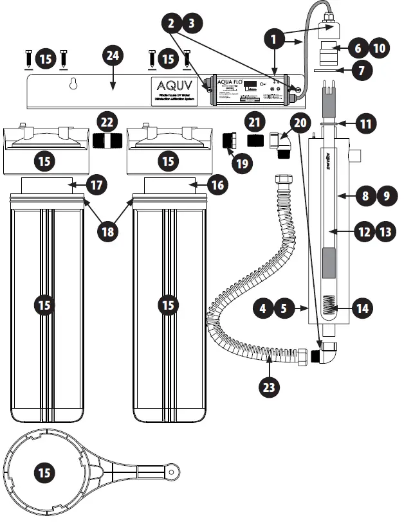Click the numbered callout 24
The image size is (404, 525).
coord(113,56)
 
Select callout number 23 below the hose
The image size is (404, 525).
coord(270,387)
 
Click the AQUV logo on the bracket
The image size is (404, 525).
coord(168,87)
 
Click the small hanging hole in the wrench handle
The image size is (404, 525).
coord(172,472)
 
